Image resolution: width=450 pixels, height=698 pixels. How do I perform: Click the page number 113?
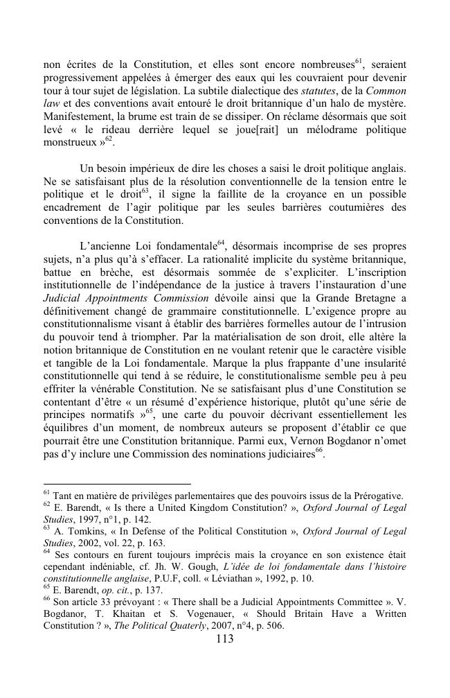(224, 640)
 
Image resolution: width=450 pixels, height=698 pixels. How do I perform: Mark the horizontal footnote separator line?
(116, 484)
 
